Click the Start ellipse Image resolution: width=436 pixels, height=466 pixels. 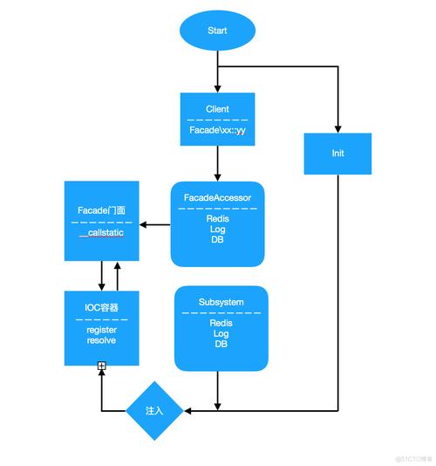tap(217, 31)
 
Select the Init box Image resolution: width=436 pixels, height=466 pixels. tap(337, 153)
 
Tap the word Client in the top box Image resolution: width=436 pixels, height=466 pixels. tap(217, 109)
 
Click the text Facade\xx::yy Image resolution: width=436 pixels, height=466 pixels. tap(217, 129)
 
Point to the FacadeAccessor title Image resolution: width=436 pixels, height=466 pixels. tap(217, 197)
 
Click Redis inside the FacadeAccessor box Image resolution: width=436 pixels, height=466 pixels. tap(217, 219)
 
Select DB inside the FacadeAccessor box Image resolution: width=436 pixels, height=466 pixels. tap(217, 240)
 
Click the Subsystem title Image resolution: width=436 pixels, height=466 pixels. tap(221, 302)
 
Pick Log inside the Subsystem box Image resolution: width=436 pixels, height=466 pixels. tap(221, 333)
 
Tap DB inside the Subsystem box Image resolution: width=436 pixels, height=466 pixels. tap(221, 344)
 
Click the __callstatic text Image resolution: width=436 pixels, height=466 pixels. tap(101, 236)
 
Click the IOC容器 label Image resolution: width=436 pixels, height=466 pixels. tap(101, 307)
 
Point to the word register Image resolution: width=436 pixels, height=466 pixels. tap(101, 329)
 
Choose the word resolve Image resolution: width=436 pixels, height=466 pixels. tap(101, 339)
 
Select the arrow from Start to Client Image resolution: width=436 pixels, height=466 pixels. tap(217, 73)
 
